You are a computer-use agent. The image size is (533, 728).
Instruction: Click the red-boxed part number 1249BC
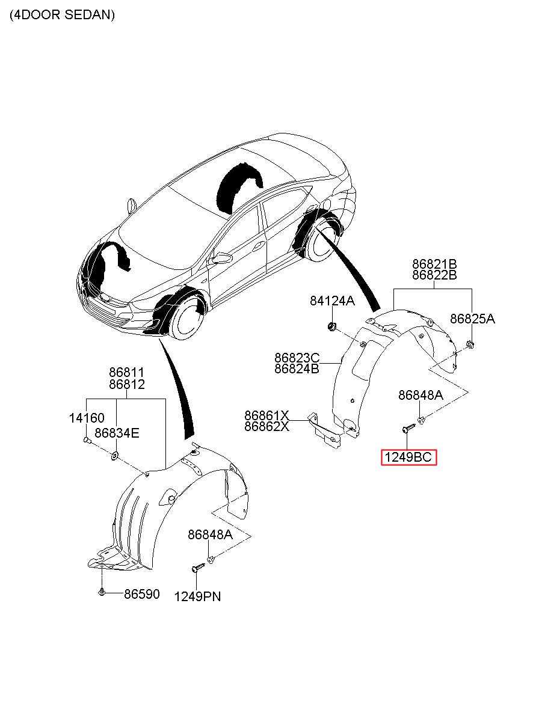[408, 457]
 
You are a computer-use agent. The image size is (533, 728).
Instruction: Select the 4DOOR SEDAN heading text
[62, 14]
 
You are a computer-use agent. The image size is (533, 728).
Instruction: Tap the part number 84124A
[332, 301]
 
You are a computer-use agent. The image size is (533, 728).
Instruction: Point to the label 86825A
[472, 319]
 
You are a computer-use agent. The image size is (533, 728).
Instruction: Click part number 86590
[142, 594]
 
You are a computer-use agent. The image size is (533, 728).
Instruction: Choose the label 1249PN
[197, 596]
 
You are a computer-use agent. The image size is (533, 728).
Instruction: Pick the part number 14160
[87, 418]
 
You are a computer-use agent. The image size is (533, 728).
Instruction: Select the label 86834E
[117, 433]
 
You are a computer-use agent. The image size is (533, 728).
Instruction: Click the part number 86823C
[297, 358]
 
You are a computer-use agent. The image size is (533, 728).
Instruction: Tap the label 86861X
[266, 415]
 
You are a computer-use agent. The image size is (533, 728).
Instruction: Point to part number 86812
[126, 384]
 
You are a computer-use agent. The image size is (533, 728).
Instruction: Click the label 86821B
[434, 263]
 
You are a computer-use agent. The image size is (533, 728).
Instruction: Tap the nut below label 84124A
[332, 325]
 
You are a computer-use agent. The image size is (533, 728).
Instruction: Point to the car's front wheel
[186, 320]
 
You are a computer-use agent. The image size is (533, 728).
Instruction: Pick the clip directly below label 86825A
[470, 344]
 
